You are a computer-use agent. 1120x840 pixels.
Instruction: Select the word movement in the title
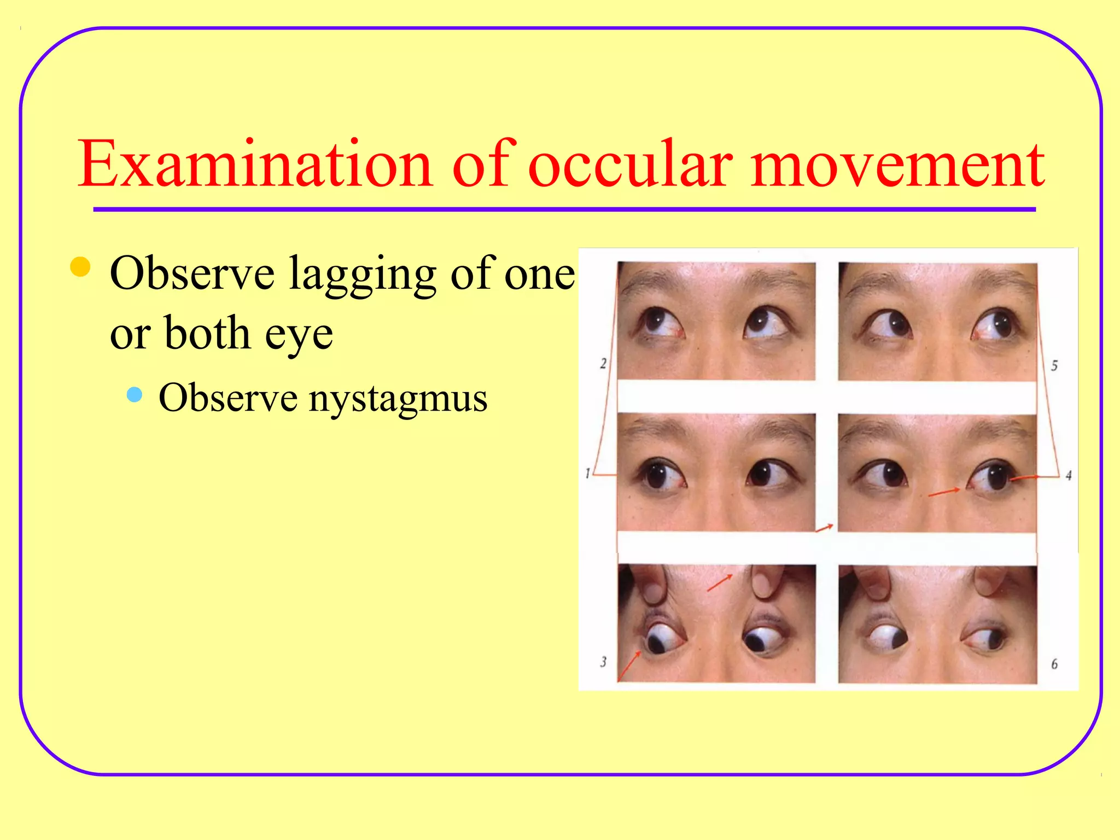[897, 164]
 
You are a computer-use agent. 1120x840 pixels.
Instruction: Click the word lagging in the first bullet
[362, 275]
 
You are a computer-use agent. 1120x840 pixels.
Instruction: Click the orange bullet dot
[80, 267]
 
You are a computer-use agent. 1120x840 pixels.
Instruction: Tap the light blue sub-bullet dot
[134, 394]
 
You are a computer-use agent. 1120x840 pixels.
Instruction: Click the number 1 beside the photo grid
[587, 473]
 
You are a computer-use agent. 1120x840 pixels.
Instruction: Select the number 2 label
[603, 363]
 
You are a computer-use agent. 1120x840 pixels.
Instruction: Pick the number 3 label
[603, 662]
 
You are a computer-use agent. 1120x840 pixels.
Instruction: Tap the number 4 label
[1068, 475]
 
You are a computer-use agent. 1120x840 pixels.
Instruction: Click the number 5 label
[1054, 365]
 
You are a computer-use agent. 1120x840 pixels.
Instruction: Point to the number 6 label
[1054, 664]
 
